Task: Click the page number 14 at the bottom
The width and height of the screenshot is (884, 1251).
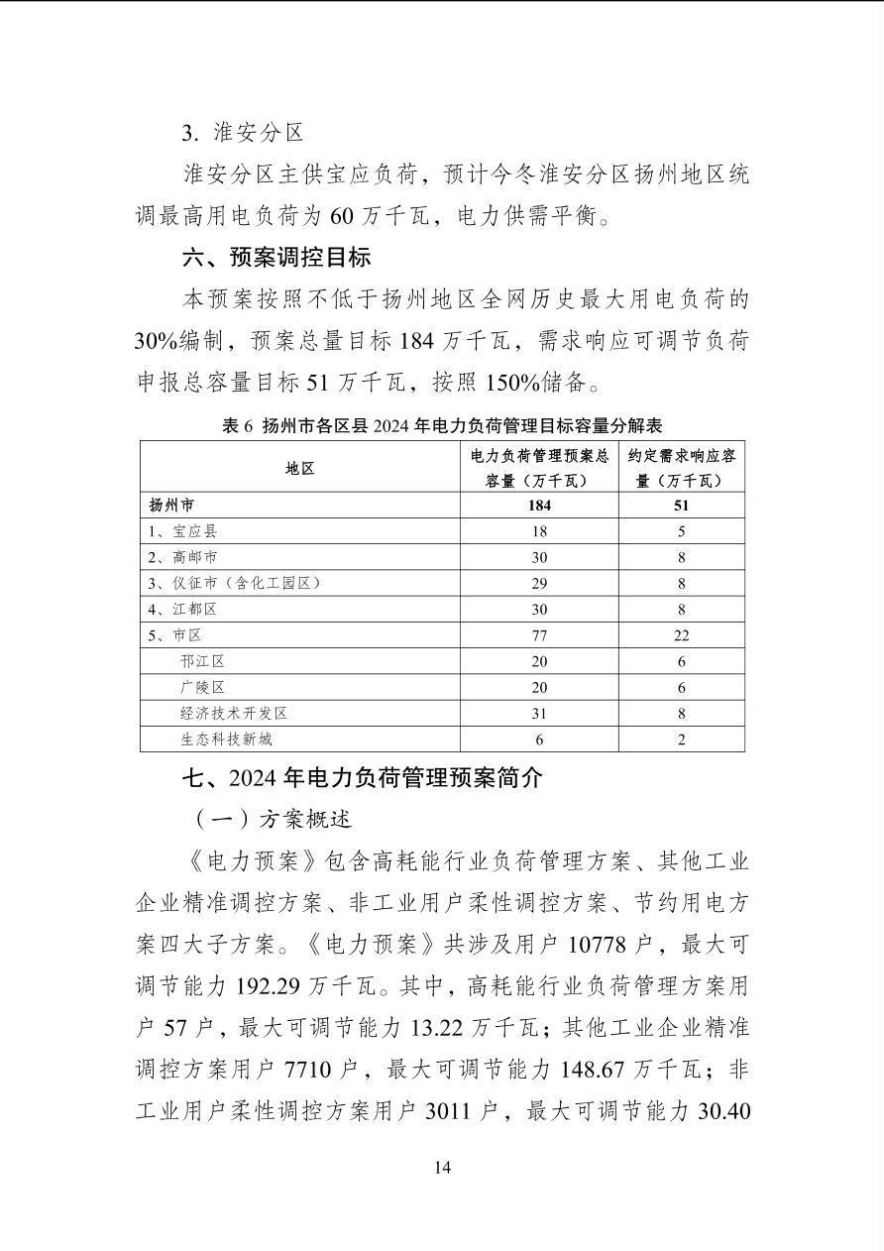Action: pos(442,1168)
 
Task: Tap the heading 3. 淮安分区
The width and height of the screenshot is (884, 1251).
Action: pos(243,133)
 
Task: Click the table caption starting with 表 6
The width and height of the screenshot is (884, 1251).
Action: pos(442,426)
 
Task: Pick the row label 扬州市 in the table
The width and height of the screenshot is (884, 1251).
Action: pos(171,505)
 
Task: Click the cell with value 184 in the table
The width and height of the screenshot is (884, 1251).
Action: pos(539,505)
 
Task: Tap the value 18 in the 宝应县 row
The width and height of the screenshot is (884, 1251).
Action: pos(539,531)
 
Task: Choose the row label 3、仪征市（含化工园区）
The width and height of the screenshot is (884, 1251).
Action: pos(234,583)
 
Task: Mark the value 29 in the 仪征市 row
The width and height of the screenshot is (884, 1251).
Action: pos(539,583)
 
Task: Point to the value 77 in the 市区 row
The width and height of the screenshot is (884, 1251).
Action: pos(539,635)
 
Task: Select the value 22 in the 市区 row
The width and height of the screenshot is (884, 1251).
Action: pos(681,635)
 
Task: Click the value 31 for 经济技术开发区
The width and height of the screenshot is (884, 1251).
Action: pos(539,713)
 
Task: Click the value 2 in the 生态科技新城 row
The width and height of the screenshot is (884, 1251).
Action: pos(681,739)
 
